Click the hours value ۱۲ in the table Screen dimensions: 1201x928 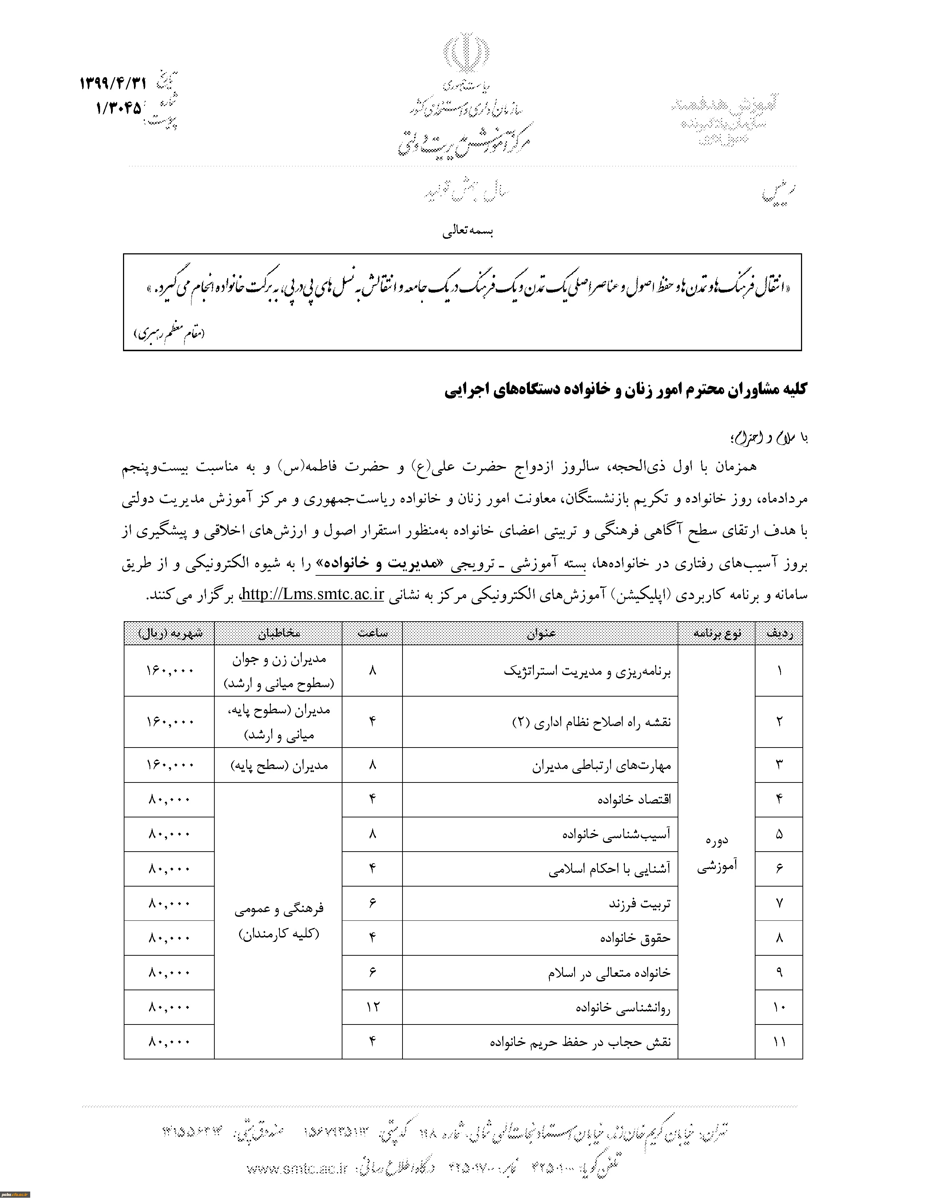click(x=373, y=1007)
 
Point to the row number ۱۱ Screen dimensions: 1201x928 click(x=779, y=1042)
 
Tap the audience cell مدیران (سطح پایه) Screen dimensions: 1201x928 click(x=279, y=765)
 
